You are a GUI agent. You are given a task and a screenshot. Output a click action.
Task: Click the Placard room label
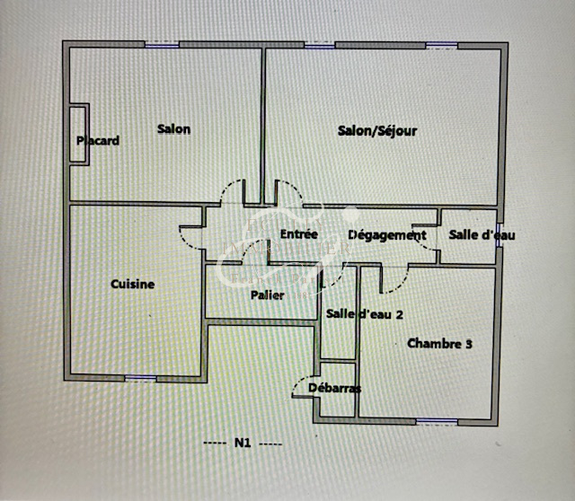pos(98,141)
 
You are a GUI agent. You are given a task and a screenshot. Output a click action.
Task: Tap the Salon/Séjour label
pos(377,131)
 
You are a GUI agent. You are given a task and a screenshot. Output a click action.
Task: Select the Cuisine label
pos(132,285)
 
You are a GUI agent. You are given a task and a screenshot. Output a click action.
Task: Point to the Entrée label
pos(299,234)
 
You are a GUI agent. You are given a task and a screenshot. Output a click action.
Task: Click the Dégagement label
pos(386,235)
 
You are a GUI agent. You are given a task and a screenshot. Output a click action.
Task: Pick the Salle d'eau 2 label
pos(364,314)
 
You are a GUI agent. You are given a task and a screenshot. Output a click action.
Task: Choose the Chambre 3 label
pos(439,343)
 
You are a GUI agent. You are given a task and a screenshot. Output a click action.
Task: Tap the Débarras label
pos(334,389)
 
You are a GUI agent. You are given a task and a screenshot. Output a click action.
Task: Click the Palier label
pos(268,294)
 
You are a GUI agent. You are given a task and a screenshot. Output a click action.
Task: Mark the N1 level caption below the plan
pos(243,443)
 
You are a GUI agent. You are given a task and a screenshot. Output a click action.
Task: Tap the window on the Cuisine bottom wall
pos(139,378)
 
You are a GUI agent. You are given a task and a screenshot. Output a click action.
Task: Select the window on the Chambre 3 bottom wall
pos(437,421)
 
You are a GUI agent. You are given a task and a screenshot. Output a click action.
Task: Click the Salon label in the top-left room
pos(173,129)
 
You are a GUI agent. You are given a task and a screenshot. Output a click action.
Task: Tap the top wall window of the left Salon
pos(162,45)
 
